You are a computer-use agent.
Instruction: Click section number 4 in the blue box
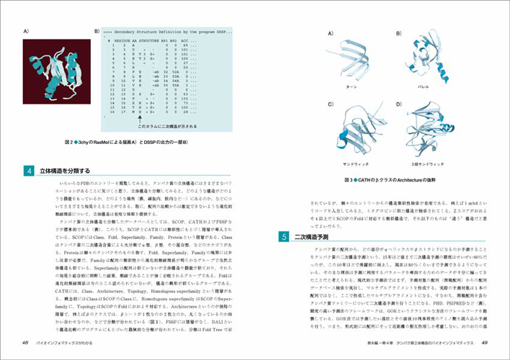(x=28, y=171)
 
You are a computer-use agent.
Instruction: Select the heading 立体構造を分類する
(x=64, y=171)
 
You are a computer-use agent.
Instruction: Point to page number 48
(x=25, y=341)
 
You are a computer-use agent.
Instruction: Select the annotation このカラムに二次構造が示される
(x=166, y=126)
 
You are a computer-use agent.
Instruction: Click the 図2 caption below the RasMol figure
(x=126, y=142)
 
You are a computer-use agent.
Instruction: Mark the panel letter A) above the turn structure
(x=331, y=34)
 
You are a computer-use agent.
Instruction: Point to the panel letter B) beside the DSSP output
(x=97, y=32)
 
